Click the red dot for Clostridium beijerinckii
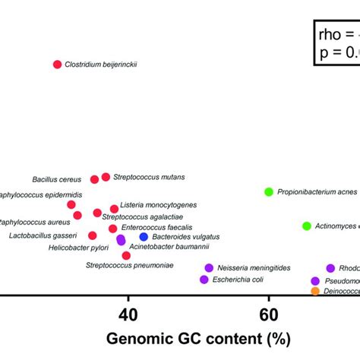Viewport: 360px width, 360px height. [57, 65]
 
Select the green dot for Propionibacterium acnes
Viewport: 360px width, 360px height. [268, 192]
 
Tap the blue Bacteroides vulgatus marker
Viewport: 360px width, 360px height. [144, 238]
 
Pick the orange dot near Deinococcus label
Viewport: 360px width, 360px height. [315, 291]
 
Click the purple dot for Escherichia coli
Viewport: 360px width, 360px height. [204, 279]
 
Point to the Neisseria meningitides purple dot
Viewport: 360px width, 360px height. [209, 268]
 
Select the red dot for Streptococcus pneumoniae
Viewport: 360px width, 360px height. [126, 256]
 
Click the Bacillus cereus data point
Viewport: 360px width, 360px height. [94, 179]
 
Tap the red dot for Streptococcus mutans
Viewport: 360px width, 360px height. [106, 177]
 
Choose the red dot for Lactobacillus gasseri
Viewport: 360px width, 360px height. [92, 235]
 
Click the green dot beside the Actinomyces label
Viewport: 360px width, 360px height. [307, 226]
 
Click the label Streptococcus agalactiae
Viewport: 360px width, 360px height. [142, 216]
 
